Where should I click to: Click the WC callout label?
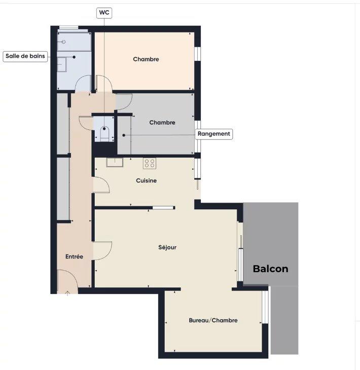[103, 12]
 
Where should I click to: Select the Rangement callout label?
[214, 134]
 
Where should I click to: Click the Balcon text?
[270, 269]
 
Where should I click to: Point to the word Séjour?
[167, 247]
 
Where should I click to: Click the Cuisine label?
[146, 180]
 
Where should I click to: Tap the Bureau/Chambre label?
[213, 320]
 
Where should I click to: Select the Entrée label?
[74, 256]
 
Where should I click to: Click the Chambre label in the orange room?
[146, 59]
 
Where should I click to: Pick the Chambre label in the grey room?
[162, 122]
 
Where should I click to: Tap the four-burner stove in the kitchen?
[149, 163]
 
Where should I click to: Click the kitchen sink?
[114, 162]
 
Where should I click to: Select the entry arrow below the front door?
[68, 292]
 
